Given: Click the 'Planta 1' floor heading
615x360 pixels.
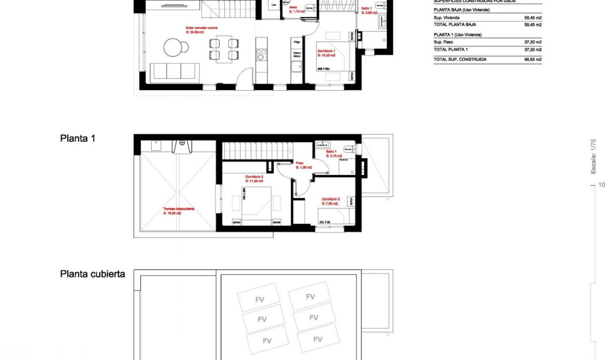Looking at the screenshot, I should pyautogui.click(x=78, y=138).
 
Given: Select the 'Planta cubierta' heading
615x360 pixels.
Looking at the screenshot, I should pyautogui.click(x=92, y=274).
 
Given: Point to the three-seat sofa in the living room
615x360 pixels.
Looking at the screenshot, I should pyautogui.click(x=174, y=71).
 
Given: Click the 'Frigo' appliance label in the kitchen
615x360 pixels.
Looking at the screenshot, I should pyautogui.click(x=297, y=42).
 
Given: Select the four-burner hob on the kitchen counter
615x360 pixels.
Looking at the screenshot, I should pyautogui.click(x=261, y=56).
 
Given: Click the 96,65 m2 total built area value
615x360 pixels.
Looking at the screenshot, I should pyautogui.click(x=533, y=60).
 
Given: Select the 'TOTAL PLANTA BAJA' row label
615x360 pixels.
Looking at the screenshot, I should pyautogui.click(x=454, y=24).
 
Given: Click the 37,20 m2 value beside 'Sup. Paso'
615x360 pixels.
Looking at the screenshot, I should pyautogui.click(x=533, y=42).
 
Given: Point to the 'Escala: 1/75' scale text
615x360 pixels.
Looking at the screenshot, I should pyautogui.click(x=594, y=156).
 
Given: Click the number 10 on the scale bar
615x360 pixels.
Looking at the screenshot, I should pyautogui.click(x=602, y=185).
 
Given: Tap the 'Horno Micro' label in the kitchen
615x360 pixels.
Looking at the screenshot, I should pyautogui.click(x=297, y=55).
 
